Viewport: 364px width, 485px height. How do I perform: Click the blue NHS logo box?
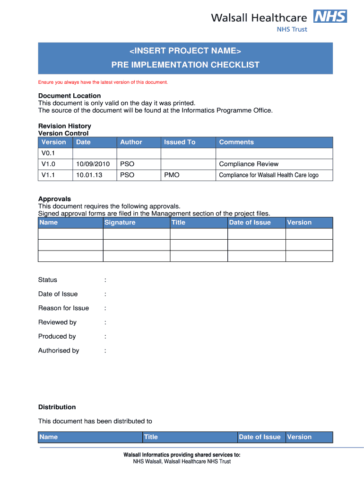click(329, 17)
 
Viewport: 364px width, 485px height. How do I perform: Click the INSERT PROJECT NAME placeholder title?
click(185, 51)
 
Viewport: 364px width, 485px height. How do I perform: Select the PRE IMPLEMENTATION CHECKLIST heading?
click(185, 65)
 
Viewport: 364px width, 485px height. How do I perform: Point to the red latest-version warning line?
click(103, 82)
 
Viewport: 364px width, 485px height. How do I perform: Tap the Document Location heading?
click(69, 96)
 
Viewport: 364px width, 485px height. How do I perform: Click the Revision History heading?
click(64, 126)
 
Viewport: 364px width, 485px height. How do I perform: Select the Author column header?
click(131, 142)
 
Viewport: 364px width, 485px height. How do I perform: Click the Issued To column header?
click(180, 142)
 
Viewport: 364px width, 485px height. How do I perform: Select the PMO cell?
click(172, 175)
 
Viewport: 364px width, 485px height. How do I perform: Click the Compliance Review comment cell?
click(249, 164)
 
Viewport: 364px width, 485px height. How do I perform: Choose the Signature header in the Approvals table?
click(120, 223)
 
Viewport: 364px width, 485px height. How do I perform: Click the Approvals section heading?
click(54, 199)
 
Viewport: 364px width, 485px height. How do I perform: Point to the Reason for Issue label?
click(63, 308)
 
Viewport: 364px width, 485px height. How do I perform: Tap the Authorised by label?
click(59, 350)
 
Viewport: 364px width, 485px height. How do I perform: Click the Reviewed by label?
click(57, 322)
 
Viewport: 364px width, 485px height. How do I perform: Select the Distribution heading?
click(57, 407)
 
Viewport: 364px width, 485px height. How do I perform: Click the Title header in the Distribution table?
click(151, 437)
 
